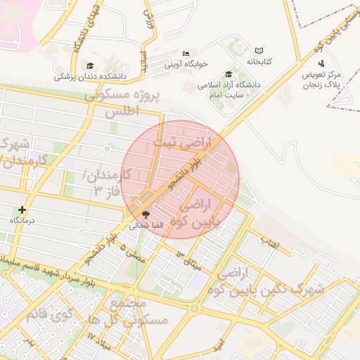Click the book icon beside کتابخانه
point(259,51)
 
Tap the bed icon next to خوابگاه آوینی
point(186,53)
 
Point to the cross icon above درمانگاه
point(22,210)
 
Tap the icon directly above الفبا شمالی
point(146,214)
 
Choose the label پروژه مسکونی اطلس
point(122,103)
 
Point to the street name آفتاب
point(270,244)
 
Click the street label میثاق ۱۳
point(188,257)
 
